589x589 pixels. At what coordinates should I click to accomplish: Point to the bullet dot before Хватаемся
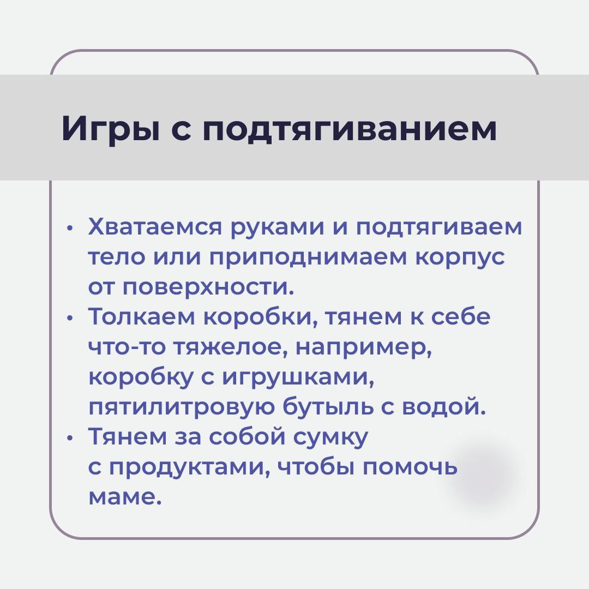(x=68, y=229)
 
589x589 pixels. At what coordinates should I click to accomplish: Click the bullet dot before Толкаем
(x=68, y=318)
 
